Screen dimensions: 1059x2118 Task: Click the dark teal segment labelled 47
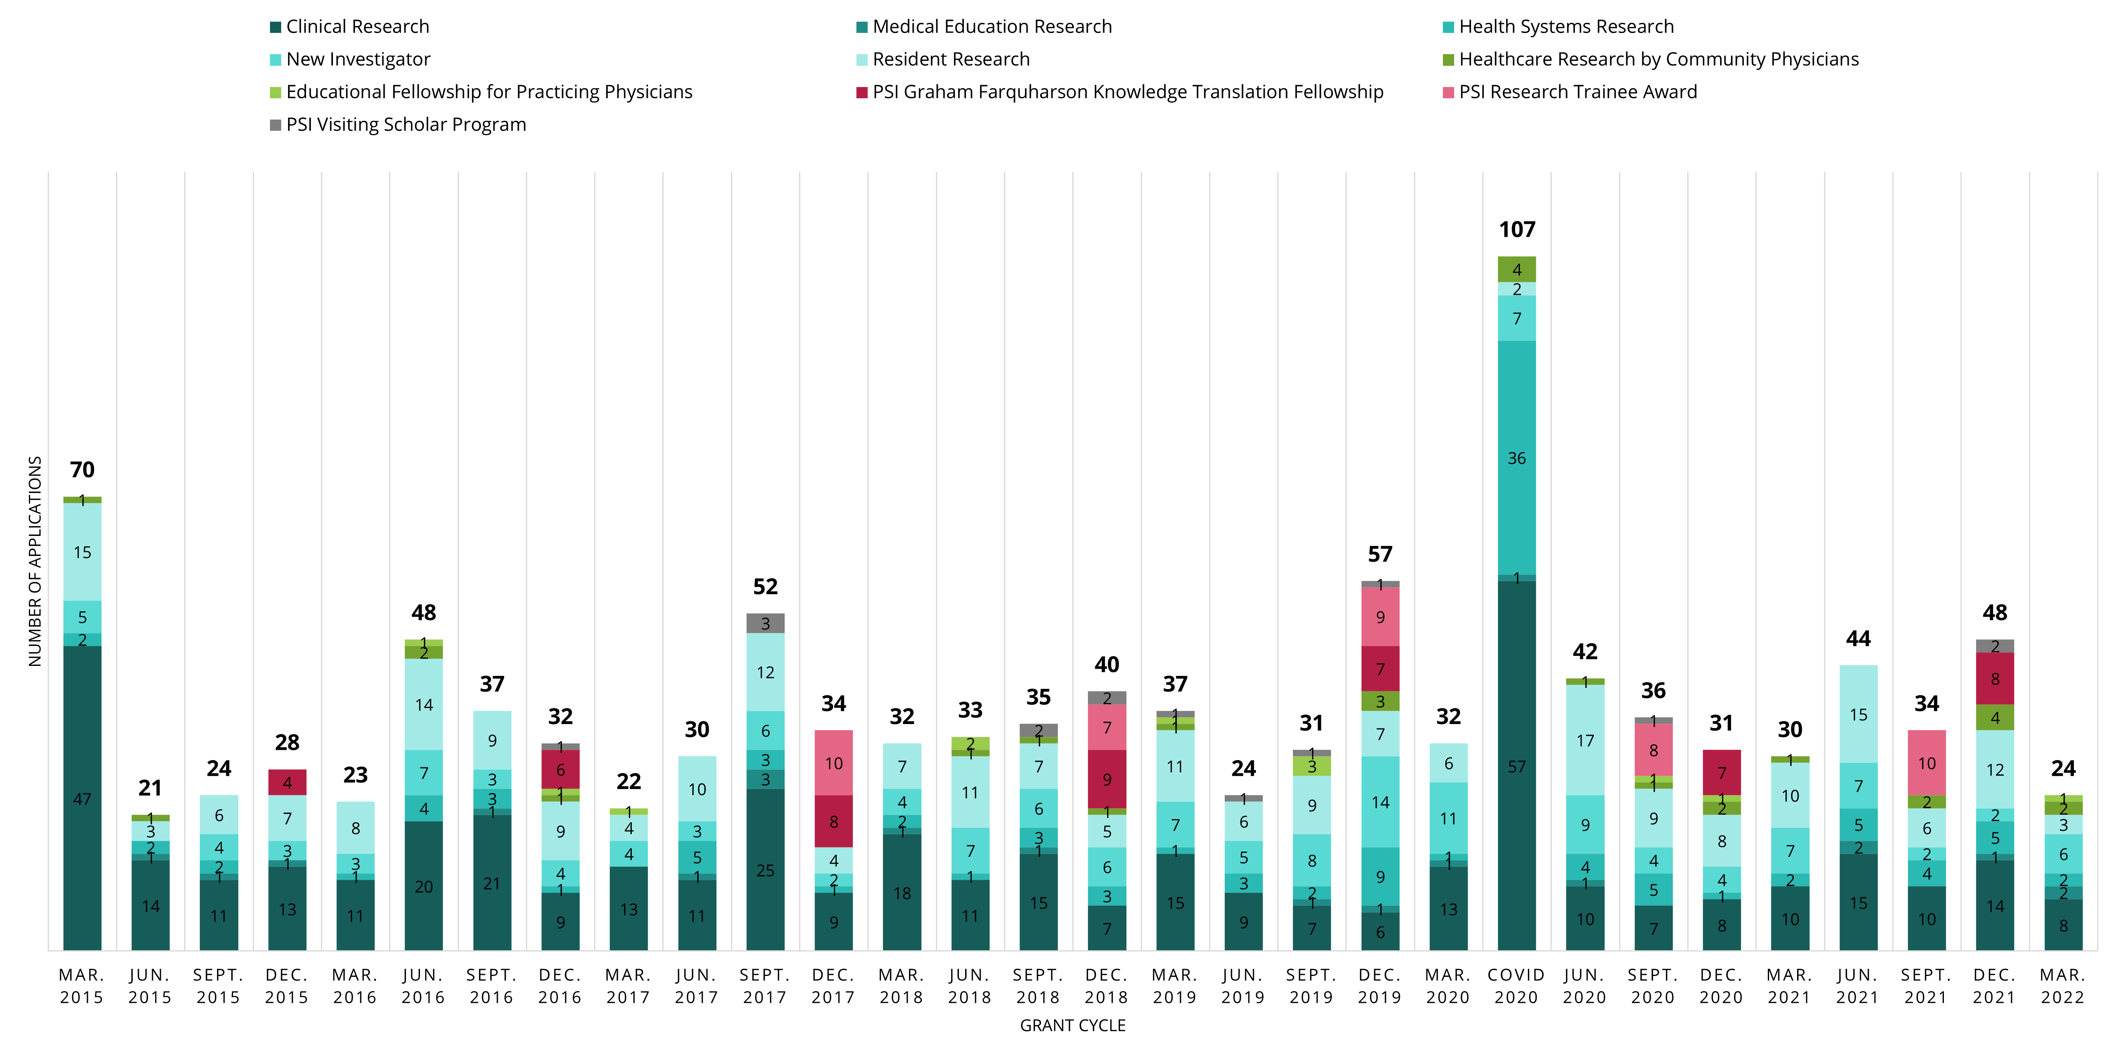82,797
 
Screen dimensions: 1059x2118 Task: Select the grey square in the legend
276,125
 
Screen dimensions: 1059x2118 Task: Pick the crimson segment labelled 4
287,782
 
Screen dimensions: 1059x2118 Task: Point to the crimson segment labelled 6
560,769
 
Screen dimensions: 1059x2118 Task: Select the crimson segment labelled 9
1107,779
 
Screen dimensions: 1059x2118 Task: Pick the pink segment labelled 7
1107,727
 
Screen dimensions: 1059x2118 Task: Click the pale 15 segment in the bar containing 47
82,552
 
